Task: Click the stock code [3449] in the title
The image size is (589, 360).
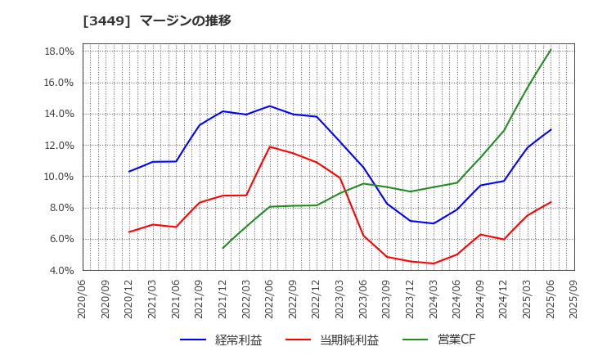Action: coord(102,20)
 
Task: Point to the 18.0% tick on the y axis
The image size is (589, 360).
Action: coord(58,52)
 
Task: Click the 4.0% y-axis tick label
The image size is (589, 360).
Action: coord(61,270)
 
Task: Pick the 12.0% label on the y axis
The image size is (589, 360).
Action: coord(58,146)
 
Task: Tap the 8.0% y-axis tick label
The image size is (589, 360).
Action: coord(61,208)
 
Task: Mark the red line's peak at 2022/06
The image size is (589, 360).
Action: coord(270,146)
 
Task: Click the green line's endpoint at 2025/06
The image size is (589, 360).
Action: coord(551,50)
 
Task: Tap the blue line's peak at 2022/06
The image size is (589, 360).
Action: coord(270,106)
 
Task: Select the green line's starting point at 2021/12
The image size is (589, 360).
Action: coord(223,248)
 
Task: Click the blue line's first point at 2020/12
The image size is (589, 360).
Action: coord(129,171)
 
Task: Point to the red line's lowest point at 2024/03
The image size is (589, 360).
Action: coord(434,263)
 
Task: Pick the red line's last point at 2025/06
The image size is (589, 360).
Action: coord(551,202)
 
